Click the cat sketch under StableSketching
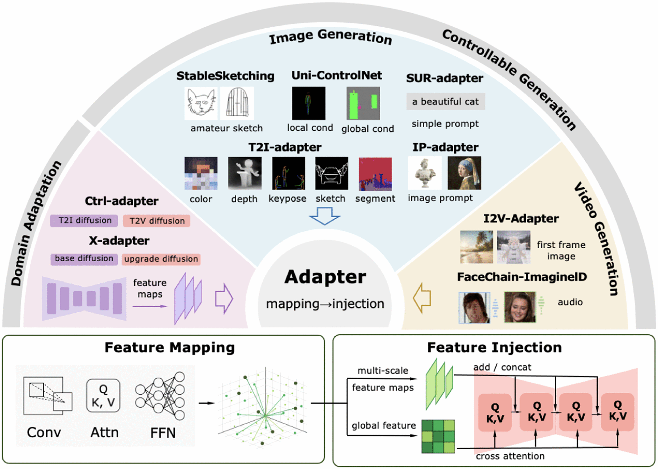click(x=201, y=103)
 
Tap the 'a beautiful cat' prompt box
click(x=445, y=102)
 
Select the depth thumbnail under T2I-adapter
click(x=245, y=173)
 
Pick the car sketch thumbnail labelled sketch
click(x=331, y=173)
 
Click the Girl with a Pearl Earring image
click(x=464, y=173)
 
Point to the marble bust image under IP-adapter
click(x=425, y=173)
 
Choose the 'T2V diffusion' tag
click(x=157, y=221)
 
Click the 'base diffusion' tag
click(x=84, y=259)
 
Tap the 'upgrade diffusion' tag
click(x=161, y=259)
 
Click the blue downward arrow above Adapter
click(x=324, y=216)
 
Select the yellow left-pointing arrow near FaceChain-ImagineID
click(x=422, y=298)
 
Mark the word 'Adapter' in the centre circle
click(x=325, y=277)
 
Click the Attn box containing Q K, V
click(x=103, y=396)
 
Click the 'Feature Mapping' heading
click(x=169, y=348)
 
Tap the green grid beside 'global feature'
click(x=438, y=436)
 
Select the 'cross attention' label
click(x=510, y=456)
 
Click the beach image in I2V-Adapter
click(x=476, y=247)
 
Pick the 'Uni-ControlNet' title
click(x=337, y=75)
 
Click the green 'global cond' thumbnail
click(x=363, y=103)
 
